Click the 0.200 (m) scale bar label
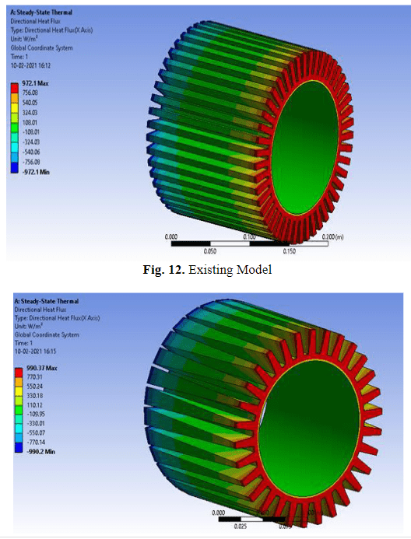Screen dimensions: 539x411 click(332, 236)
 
